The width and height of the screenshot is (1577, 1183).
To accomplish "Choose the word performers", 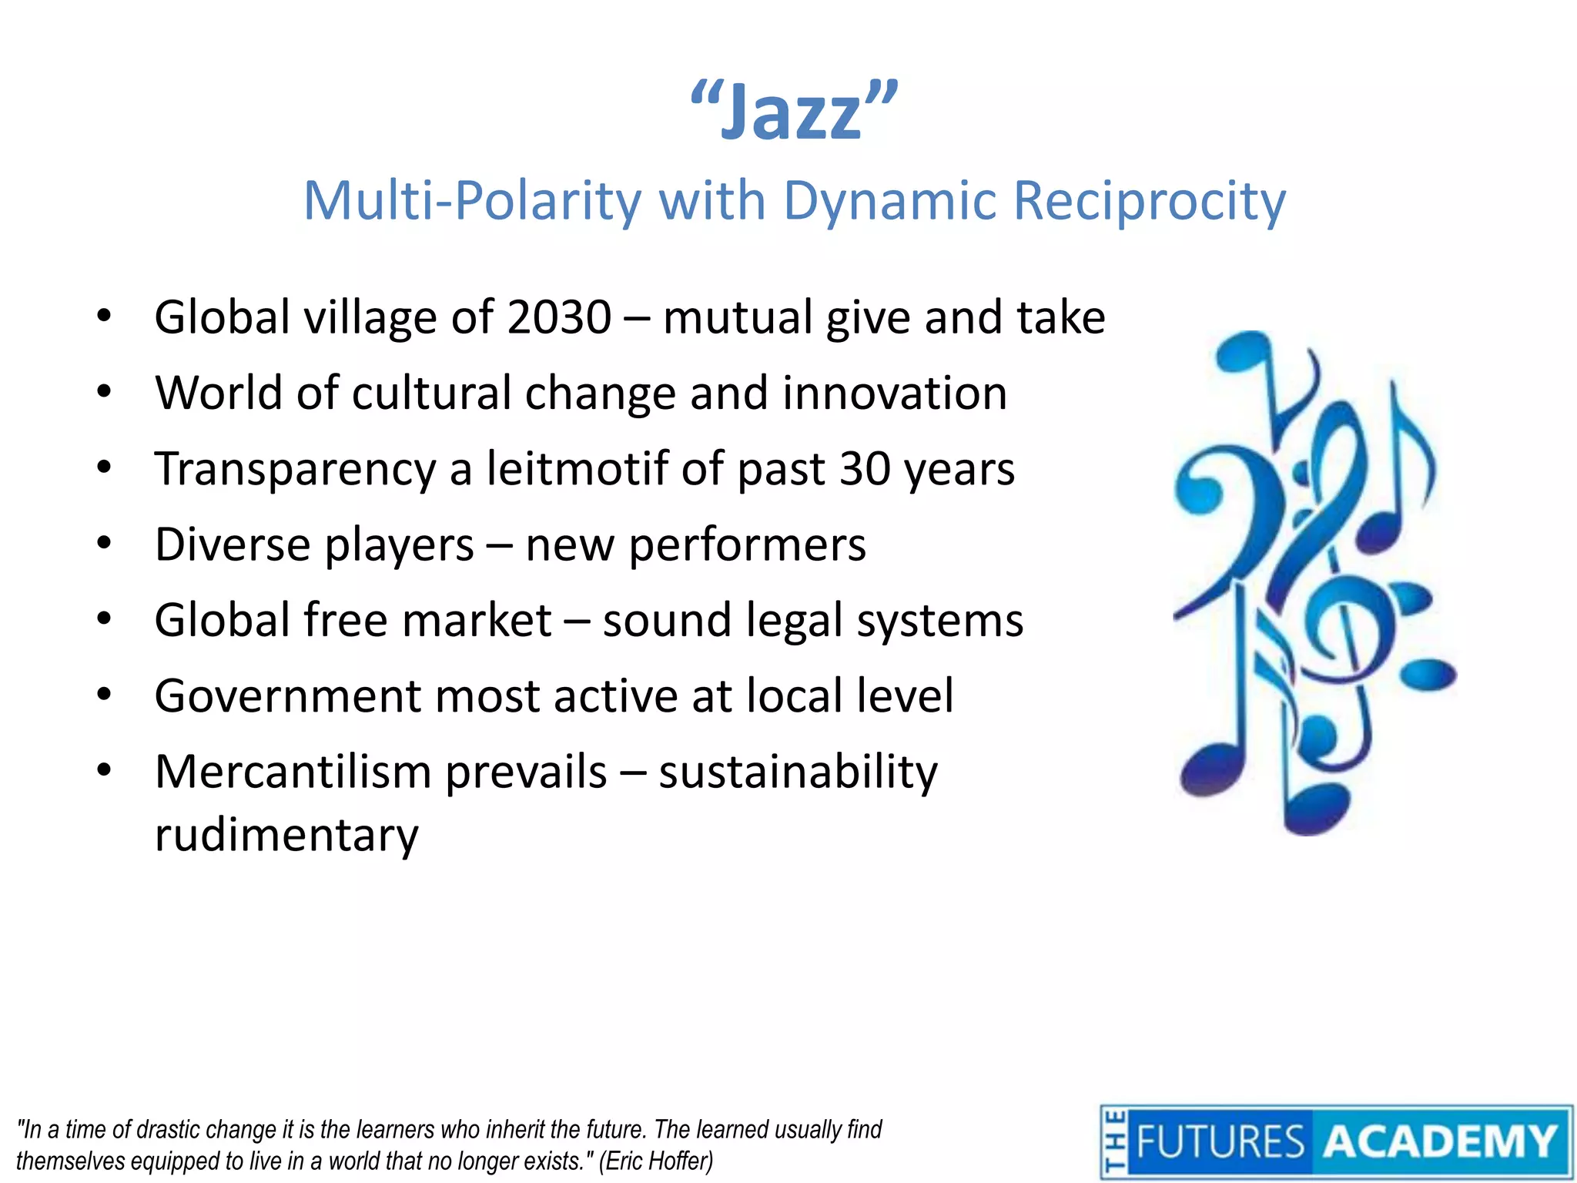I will pos(747,545).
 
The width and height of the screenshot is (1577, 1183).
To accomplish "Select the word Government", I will pos(287,696).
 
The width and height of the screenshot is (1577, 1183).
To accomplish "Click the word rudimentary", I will pos(286,835).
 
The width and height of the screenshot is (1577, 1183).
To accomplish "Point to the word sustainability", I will pos(799,772).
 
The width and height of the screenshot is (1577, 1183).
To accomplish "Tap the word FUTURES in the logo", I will pos(1220,1141).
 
